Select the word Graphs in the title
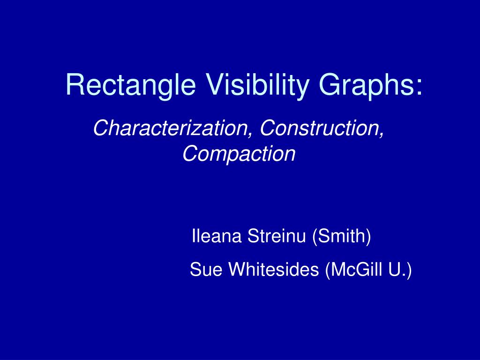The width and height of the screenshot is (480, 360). [x=365, y=86]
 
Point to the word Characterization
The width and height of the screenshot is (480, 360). [x=170, y=128]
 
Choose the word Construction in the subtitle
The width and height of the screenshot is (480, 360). [x=320, y=128]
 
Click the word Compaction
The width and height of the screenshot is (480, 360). [x=239, y=154]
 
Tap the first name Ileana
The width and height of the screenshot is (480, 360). [x=217, y=236]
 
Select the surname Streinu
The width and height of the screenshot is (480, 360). [x=277, y=236]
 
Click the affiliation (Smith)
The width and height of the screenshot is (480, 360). [x=342, y=237]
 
